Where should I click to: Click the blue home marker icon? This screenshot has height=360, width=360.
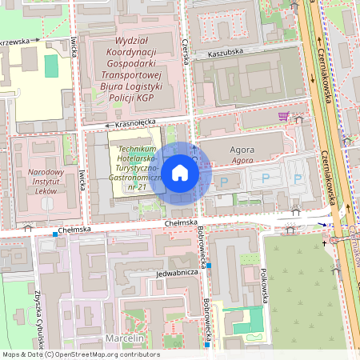pyautogui.click(x=180, y=171)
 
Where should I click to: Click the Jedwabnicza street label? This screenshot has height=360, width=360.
pyautogui.click(x=178, y=271)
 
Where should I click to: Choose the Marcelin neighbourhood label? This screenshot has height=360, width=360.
pyautogui.click(x=123, y=338)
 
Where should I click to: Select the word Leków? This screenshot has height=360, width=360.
pyautogui.click(x=46, y=193)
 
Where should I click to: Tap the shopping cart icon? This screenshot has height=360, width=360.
pyautogui.click(x=282, y=116)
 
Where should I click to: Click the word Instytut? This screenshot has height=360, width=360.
pyautogui.click(x=46, y=182)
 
